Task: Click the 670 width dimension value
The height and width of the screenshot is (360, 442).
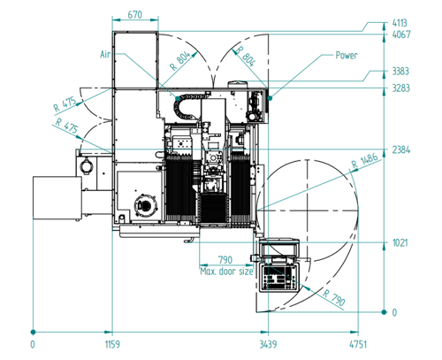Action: (135, 14)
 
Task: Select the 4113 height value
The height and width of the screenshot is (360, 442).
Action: (400, 23)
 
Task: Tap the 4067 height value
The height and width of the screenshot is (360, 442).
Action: (401, 34)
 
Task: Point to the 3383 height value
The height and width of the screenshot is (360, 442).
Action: (400, 71)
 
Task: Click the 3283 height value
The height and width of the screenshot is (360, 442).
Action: (401, 88)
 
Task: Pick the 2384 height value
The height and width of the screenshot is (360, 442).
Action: (401, 149)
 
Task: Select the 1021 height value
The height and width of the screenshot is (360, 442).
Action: (400, 243)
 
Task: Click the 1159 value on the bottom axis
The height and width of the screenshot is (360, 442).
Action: (112, 344)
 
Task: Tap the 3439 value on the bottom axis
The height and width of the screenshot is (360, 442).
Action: (268, 344)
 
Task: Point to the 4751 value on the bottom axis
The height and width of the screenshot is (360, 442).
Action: (358, 344)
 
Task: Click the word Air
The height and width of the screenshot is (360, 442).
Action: (105, 55)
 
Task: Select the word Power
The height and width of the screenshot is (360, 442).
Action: (347, 55)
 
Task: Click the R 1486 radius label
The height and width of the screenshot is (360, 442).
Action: (365, 161)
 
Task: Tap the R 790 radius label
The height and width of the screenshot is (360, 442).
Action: (334, 297)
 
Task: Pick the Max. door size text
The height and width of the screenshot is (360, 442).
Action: (226, 271)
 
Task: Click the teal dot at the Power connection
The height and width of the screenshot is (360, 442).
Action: (270, 98)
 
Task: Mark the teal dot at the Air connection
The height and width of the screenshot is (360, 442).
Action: (178, 98)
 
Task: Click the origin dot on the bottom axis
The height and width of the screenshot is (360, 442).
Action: (33, 332)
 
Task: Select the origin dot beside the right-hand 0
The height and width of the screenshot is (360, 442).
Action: (384, 312)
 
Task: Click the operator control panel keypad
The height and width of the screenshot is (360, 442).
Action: (279, 278)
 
